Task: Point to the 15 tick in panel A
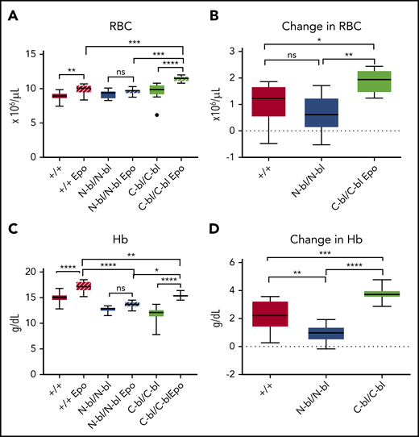click(x=38, y=54)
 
